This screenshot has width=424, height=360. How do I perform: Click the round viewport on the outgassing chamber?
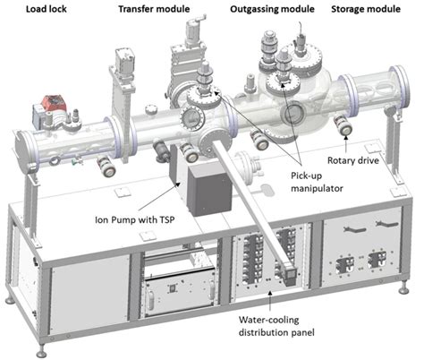292,114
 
